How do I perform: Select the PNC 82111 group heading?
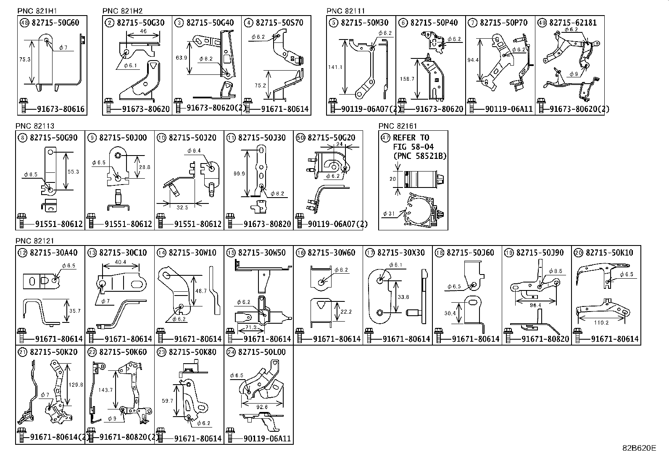[345, 11]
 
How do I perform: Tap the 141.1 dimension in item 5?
[335, 66]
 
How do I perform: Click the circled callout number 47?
[385, 137]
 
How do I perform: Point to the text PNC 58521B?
[420, 156]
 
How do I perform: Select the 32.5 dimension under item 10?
[182, 207]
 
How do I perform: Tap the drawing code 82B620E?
[639, 448]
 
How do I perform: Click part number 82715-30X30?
[401, 253]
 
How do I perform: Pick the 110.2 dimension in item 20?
[601, 322]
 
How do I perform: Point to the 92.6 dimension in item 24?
[261, 407]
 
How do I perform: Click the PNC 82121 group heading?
[35, 240]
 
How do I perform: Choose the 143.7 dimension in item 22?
[105, 390]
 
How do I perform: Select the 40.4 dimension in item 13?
[120, 262]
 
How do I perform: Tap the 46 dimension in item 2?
[143, 32]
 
